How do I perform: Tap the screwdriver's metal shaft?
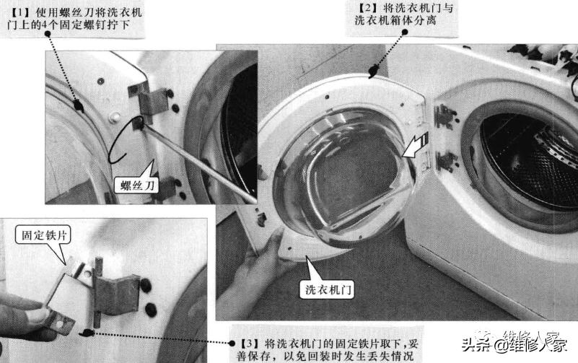pyautogui.click(x=202, y=163)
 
